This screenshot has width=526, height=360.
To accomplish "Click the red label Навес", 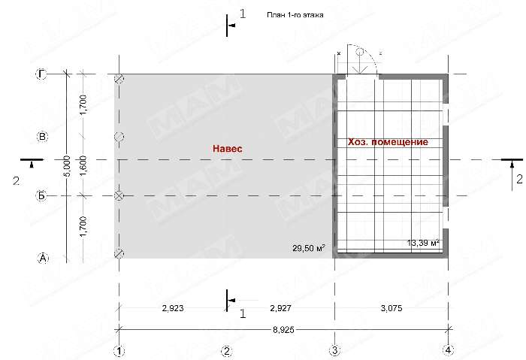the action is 228,148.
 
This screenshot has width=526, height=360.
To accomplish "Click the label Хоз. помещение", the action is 388,142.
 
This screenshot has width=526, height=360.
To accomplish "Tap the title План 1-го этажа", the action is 295,15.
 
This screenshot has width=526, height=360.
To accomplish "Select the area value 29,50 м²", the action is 308,248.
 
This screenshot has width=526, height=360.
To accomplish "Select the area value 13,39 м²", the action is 423,243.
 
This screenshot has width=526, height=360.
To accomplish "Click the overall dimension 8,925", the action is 283,330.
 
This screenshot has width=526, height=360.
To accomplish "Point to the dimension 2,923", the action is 173,308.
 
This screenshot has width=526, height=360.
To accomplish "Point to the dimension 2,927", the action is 280,308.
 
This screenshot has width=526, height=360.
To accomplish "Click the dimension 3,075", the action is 391,308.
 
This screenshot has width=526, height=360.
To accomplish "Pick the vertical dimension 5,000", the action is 67,166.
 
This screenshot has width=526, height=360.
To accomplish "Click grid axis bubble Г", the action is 41,74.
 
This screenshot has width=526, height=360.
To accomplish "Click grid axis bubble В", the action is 42,137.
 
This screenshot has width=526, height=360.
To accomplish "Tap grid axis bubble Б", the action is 41,195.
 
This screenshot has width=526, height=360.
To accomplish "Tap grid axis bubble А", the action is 43,258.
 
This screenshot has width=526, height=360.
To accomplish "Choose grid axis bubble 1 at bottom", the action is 119,351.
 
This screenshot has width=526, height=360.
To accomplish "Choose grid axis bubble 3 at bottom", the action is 335,350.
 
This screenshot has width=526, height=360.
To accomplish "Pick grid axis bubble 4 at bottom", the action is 448,350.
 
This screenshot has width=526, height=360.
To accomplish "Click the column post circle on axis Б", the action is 119,195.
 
